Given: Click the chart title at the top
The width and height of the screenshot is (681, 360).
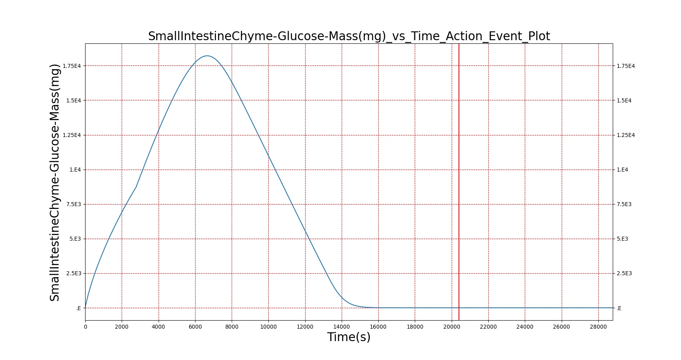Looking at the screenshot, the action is (x=349, y=36).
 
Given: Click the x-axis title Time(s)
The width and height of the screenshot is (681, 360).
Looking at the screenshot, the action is (x=349, y=337).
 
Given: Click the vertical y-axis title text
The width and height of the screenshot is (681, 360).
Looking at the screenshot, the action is (x=55, y=182).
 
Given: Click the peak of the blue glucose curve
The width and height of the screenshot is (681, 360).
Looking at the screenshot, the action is (x=207, y=56).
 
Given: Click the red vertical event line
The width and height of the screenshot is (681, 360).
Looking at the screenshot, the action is (x=459, y=182).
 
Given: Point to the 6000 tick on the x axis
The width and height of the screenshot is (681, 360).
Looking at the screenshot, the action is (x=195, y=327).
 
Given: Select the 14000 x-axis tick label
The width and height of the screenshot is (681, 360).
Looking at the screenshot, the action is (x=342, y=327).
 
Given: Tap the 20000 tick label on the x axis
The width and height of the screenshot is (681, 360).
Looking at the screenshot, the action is (x=452, y=327).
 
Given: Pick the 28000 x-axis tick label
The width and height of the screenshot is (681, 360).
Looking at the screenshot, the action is (x=598, y=327).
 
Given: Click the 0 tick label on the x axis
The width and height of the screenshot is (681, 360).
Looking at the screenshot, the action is (x=86, y=327).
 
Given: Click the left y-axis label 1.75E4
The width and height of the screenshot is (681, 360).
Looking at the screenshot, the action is (x=72, y=66).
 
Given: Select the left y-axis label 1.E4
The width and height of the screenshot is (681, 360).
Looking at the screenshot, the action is (x=75, y=170).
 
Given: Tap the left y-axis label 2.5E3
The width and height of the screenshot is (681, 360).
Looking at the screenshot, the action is (x=74, y=274).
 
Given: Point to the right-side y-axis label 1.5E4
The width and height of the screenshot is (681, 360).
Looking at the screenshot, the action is (x=624, y=101).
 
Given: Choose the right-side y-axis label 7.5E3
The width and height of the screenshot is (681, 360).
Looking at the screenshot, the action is (x=624, y=205).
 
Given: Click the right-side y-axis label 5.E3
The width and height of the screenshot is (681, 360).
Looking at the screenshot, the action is (x=622, y=239).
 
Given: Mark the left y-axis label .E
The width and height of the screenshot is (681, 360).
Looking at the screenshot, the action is (x=78, y=308).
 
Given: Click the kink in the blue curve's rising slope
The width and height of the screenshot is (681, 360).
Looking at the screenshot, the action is (x=136, y=186).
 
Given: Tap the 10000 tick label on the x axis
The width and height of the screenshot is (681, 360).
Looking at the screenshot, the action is (x=269, y=327).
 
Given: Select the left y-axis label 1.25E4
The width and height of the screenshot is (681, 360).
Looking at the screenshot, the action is (x=72, y=135).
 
